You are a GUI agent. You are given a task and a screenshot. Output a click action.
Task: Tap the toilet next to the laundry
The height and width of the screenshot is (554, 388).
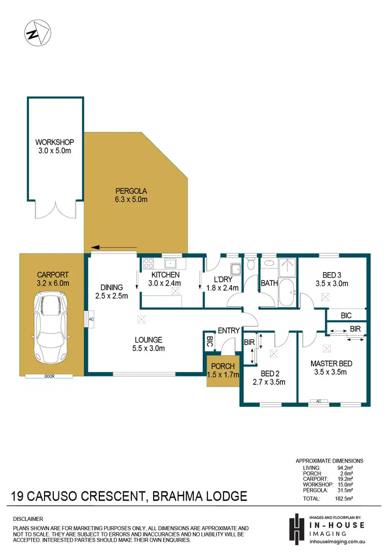pyautogui.click(x=251, y=264)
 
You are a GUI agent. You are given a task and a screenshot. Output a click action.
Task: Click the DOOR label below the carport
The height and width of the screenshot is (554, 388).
pyautogui.click(x=50, y=377)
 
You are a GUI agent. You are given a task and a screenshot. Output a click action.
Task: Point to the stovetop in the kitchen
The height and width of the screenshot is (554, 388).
pyautogui.click(x=148, y=263)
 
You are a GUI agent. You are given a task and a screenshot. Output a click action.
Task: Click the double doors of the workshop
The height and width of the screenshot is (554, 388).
pyautogui.click(x=56, y=209)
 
